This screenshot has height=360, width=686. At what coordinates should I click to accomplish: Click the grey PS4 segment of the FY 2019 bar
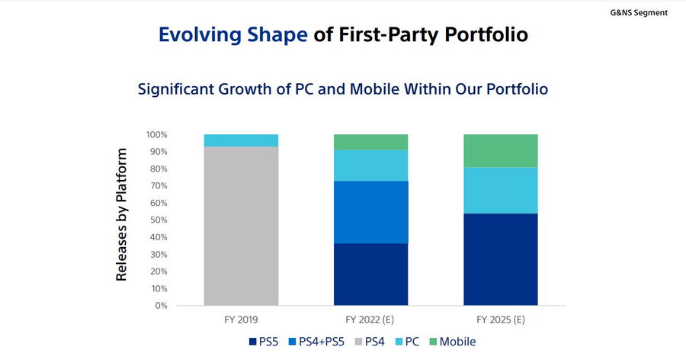(x=241, y=226)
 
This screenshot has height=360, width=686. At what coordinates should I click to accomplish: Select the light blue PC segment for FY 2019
(x=241, y=140)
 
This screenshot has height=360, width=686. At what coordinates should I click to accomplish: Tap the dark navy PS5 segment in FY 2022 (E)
(x=370, y=275)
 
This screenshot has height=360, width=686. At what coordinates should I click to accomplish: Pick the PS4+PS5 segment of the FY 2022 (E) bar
(x=370, y=212)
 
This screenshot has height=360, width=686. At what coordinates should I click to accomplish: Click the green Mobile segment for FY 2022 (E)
(x=370, y=142)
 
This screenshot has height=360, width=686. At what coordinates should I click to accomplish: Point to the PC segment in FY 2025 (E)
(x=501, y=190)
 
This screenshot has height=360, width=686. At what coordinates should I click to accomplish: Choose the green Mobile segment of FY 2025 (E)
(x=501, y=150)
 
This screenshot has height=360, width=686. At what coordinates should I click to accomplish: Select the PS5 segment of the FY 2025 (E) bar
(x=501, y=259)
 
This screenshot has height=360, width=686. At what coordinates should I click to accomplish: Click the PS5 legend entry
(x=264, y=341)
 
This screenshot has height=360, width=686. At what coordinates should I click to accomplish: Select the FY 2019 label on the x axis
(x=241, y=318)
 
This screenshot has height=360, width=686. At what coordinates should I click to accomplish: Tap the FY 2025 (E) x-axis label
(x=501, y=318)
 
